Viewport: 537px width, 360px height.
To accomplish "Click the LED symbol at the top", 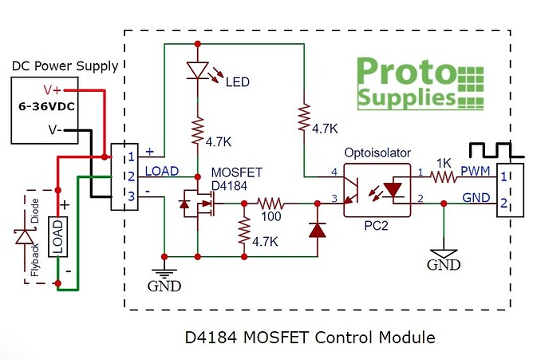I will click(196, 71).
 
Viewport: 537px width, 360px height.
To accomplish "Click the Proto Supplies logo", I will click(418, 82).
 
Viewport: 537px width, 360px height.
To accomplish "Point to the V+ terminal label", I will click(53, 89).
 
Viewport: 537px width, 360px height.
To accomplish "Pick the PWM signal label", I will click(476, 171).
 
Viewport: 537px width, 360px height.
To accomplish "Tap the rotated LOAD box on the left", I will click(57, 237).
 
